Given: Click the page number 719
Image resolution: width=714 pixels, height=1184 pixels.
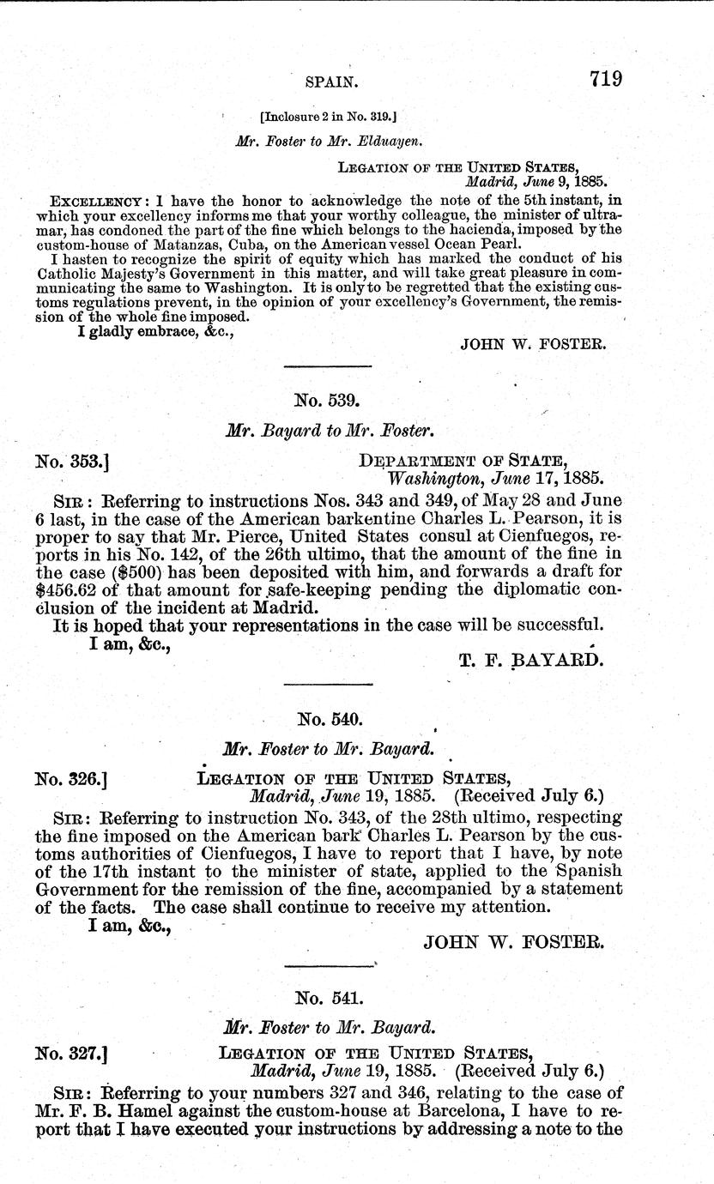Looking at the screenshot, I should pos(605,79).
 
